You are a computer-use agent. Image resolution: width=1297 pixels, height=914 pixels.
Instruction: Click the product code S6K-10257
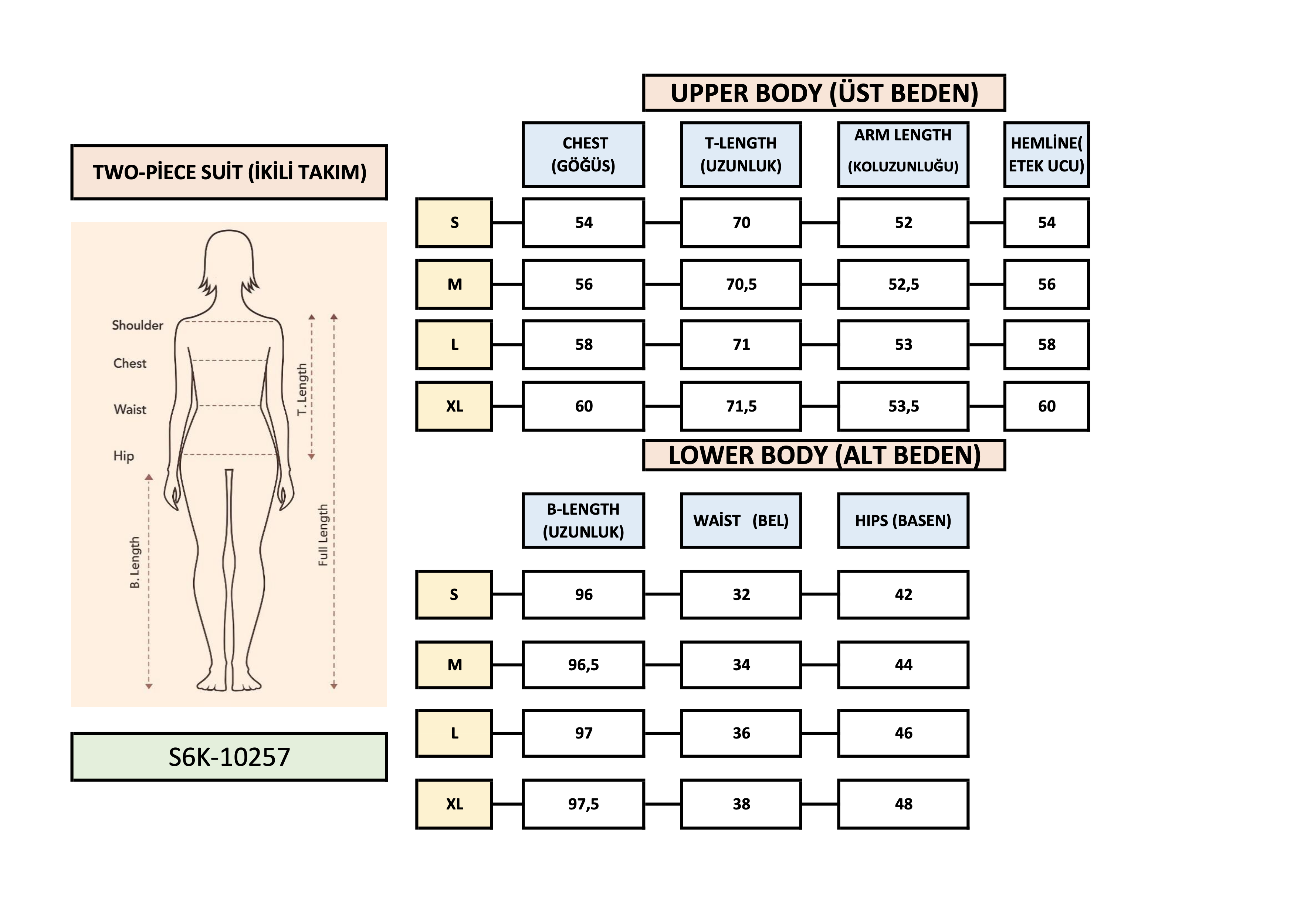pos(229,757)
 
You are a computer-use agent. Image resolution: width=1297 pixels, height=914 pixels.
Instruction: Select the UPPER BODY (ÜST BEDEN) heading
pos(824,93)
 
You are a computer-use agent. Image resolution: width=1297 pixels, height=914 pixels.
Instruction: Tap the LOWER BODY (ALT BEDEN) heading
pos(824,455)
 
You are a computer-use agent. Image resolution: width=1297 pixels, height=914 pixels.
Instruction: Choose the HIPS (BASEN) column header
pos(903,521)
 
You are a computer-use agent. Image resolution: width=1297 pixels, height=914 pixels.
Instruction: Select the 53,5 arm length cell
pos(903,406)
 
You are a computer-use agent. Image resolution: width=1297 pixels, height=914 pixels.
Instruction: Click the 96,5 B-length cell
pos(583,665)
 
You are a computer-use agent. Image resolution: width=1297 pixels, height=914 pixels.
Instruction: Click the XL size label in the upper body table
pos(454,406)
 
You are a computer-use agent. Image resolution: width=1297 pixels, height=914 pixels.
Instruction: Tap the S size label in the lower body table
pos(454,594)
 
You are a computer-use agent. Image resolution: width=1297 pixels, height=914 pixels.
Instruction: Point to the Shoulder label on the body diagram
pos(137,325)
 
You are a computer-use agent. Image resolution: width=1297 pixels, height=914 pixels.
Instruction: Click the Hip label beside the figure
pos(124,456)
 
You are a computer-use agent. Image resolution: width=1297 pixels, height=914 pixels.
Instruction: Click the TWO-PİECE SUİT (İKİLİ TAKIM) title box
pos(229,172)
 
